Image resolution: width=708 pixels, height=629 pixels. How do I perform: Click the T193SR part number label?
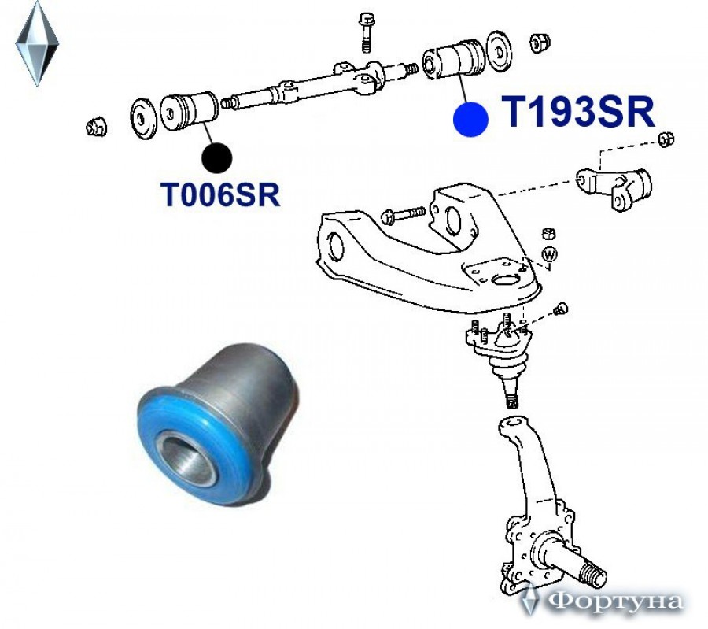tap(578, 113)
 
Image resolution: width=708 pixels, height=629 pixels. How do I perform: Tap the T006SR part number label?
tap(221, 194)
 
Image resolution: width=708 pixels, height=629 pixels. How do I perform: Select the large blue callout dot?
tap(470, 120)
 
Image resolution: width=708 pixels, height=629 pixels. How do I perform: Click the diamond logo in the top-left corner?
tap(37, 43)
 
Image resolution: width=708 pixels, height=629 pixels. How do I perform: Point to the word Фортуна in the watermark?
tap(614, 602)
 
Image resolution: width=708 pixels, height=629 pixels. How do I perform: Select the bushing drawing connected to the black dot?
tap(190, 111)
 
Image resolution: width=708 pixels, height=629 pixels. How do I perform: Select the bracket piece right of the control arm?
tap(615, 186)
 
